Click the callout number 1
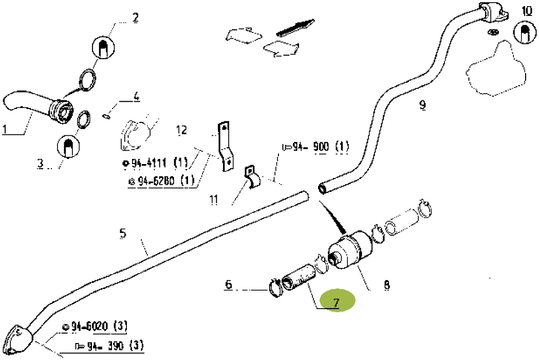[6, 129]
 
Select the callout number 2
[135, 18]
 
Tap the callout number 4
[136, 96]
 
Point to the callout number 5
[122, 234]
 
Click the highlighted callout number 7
[337, 302]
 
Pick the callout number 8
[386, 284]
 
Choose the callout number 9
[422, 105]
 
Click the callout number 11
[214, 199]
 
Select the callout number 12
[182, 130]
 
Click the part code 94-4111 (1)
[155, 164]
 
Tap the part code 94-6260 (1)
[160, 181]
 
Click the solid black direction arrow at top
[295, 27]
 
